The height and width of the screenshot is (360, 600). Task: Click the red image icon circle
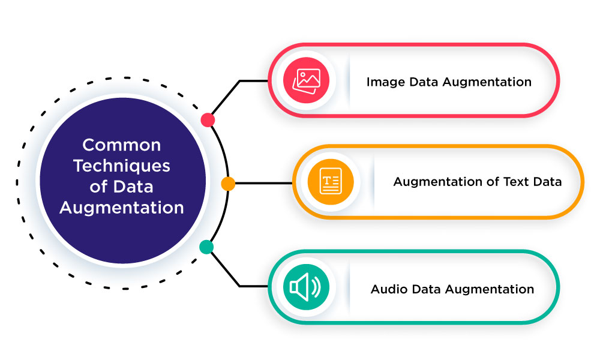point(306,80)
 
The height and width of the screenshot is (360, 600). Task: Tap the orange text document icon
point(330,181)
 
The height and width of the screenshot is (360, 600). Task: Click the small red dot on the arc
point(208,120)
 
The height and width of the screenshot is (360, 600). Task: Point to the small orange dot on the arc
point(227,184)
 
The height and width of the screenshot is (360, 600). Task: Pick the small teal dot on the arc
point(206,247)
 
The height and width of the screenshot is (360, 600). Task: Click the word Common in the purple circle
point(122,145)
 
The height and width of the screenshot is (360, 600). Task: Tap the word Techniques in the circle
point(122,166)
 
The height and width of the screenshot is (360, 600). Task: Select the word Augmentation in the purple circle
point(122,208)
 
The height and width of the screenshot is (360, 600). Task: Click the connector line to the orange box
point(264,183)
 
